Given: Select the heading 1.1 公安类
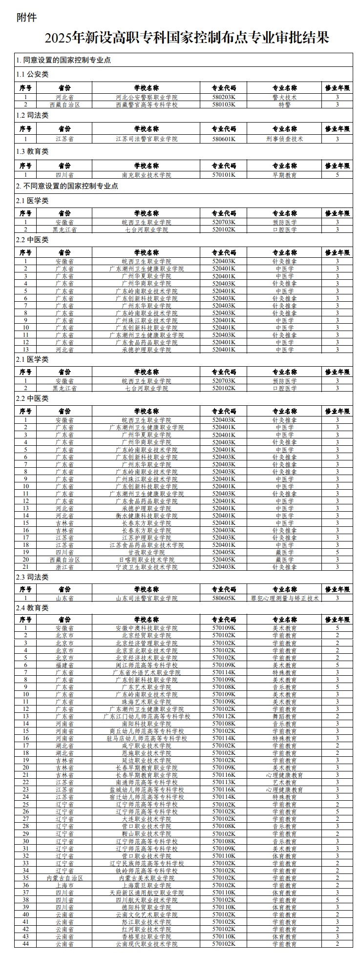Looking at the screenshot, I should tap(32, 75).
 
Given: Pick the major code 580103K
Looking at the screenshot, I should tap(224, 104).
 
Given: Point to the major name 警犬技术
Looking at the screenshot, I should tap(284, 97).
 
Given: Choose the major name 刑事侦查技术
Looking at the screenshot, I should tap(284, 139).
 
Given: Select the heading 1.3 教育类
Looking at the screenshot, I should tap(32, 152).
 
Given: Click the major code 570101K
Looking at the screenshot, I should tap(224, 174).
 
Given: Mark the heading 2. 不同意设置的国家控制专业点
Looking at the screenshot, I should tap(67, 186).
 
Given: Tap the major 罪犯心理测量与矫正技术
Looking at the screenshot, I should tap(285, 598).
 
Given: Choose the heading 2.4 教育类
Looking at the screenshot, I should tap(32, 608).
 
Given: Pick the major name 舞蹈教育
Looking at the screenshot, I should tap(284, 716).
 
